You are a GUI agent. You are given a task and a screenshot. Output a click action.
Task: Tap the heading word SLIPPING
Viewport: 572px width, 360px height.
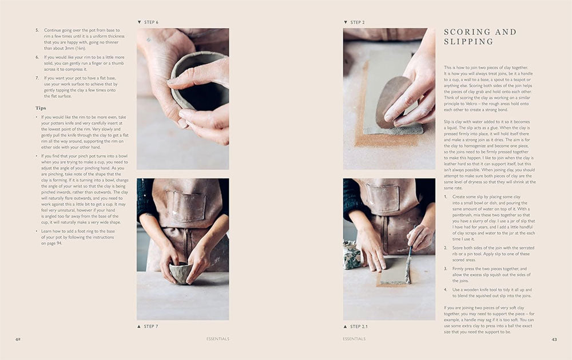point(468,42)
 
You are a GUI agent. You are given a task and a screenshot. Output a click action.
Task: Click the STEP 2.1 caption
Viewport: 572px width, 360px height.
point(359,326)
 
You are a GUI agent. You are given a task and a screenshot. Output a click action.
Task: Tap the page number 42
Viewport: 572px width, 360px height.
point(18,339)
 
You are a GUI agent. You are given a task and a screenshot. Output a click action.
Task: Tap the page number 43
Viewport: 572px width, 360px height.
point(554,339)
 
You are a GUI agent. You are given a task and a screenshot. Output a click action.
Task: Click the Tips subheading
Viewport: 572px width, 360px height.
point(41,108)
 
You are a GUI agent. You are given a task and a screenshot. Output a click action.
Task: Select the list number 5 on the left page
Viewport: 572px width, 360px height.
point(37,29)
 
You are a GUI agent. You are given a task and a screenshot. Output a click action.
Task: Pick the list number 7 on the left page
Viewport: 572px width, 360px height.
point(37,77)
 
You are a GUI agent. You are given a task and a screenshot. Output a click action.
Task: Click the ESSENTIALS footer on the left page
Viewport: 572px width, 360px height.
point(218,339)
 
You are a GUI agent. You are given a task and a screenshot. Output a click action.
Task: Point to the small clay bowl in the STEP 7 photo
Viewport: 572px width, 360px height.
point(181,272)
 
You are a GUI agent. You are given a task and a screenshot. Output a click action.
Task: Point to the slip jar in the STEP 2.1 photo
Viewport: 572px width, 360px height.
point(350,254)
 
